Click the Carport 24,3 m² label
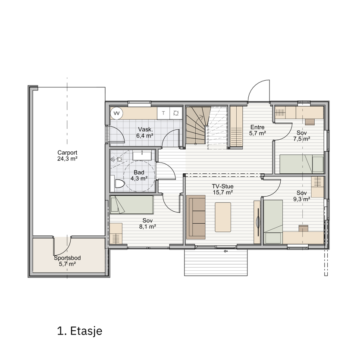(x=67, y=156)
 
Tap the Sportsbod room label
(x=67, y=258)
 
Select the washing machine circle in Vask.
(x=117, y=113)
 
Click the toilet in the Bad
(x=119, y=184)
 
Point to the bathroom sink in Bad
(x=142, y=156)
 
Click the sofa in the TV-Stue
(x=196, y=217)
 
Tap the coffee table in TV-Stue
(x=223, y=217)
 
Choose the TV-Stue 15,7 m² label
(x=223, y=189)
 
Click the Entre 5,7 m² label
(x=257, y=130)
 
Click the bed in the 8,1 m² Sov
(x=131, y=204)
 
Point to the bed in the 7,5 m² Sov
(x=301, y=164)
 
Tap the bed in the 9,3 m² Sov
(x=273, y=222)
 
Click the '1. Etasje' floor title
(x=79, y=331)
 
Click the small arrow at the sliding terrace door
(x=225, y=251)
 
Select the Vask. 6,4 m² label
(x=145, y=132)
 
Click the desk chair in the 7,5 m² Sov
(x=310, y=122)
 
